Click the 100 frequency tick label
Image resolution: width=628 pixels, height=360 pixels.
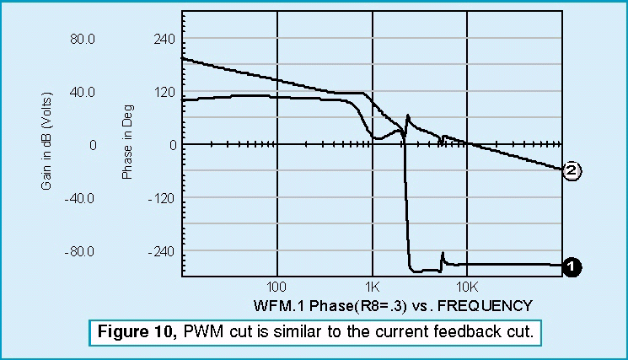click(277, 287)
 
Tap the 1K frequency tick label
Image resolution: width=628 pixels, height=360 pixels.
click(372, 287)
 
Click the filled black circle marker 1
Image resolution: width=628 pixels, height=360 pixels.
click(571, 266)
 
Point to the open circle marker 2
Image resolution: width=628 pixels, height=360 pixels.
click(571, 171)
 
